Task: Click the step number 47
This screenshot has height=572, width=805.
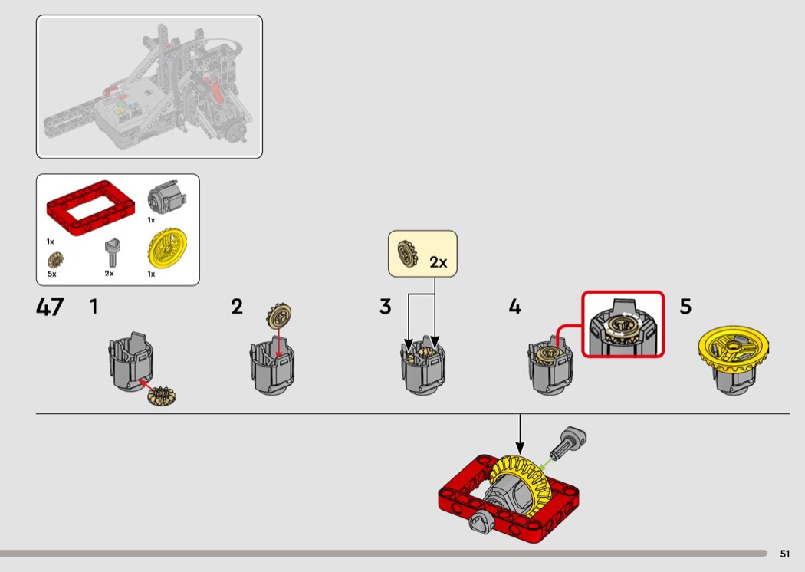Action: (50, 307)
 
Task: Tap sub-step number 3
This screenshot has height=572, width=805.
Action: (385, 307)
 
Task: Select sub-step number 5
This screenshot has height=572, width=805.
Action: (685, 307)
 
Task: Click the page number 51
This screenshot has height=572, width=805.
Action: (784, 554)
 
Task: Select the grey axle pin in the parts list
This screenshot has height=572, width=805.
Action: (110, 251)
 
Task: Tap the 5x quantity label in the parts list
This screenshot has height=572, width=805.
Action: (52, 274)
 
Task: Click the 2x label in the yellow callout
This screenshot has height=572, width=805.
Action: (438, 262)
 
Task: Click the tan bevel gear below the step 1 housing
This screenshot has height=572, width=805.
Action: (160, 396)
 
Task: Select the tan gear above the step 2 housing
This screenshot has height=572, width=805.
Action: (280, 315)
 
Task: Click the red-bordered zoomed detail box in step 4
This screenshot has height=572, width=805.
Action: (623, 324)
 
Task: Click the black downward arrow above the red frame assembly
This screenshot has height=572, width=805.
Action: (519, 433)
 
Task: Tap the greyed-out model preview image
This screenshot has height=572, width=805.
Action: (149, 87)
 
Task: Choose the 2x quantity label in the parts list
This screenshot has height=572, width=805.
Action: (109, 274)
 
